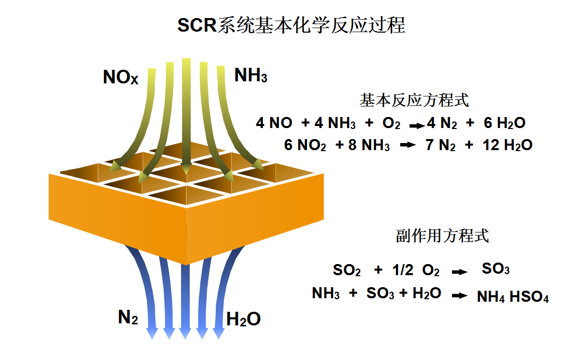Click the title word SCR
[197, 26]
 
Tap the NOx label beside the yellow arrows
[120, 78]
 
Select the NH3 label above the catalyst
[251, 76]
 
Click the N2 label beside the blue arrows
[128, 318]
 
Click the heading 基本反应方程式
[414, 100]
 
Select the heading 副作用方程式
[442, 236]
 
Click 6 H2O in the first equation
[504, 123]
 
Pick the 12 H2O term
[507, 145]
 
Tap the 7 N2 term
[440, 145]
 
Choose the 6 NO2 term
[305, 145]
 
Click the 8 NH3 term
[369, 145]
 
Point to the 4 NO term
[274, 123]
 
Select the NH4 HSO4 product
[513, 297]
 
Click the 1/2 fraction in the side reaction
[403, 270]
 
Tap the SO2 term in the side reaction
[347, 271]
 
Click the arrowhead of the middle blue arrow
[185, 333]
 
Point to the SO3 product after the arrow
[496, 269]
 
